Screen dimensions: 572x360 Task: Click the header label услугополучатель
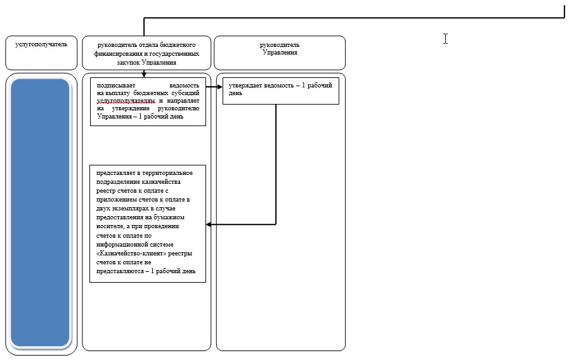point(41,44)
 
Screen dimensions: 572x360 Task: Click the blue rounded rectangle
point(40,212)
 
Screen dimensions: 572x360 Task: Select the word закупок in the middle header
point(128,62)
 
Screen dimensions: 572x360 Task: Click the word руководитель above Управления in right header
point(280,45)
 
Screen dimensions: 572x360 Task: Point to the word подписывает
point(116,86)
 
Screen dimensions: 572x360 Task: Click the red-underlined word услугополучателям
point(126,101)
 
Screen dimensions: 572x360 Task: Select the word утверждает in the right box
point(245,86)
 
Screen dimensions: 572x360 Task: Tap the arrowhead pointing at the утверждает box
point(220,87)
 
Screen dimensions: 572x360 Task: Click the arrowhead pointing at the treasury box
point(209,224)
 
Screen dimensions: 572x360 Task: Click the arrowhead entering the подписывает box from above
point(144,75)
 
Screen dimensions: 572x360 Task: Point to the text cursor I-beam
point(445,39)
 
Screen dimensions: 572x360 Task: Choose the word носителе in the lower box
point(110,226)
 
